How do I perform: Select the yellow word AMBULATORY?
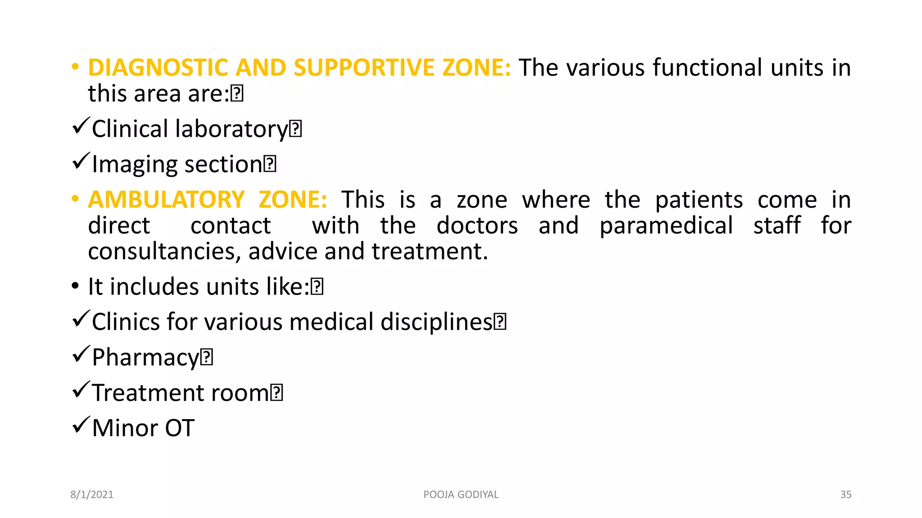166,200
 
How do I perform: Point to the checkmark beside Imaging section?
81,161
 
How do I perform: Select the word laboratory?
231,129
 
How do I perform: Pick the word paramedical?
666,226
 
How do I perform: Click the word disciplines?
436,322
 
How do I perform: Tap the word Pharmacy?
145,358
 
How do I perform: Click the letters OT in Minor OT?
180,428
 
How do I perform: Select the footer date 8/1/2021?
92,495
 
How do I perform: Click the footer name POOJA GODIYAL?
461,495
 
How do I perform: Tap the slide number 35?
845,495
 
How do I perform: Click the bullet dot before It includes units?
75,286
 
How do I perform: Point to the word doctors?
477,226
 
